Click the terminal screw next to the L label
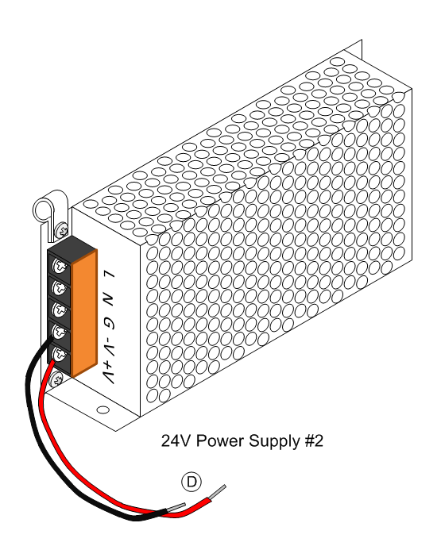pos(60,267)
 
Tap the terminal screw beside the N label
pos(60,287)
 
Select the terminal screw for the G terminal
pos(60,310)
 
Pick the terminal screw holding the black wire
pos(60,332)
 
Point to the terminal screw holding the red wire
pos(60,354)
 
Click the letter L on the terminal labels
pos(110,279)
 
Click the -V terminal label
pos(109,345)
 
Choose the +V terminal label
pos(109,371)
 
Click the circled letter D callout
pos(191,482)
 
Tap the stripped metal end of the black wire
pos(176,506)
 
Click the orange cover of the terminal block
pos(84,313)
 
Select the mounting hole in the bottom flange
pos(103,409)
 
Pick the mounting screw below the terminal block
pos(57,379)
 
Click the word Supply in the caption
pos(275,441)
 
